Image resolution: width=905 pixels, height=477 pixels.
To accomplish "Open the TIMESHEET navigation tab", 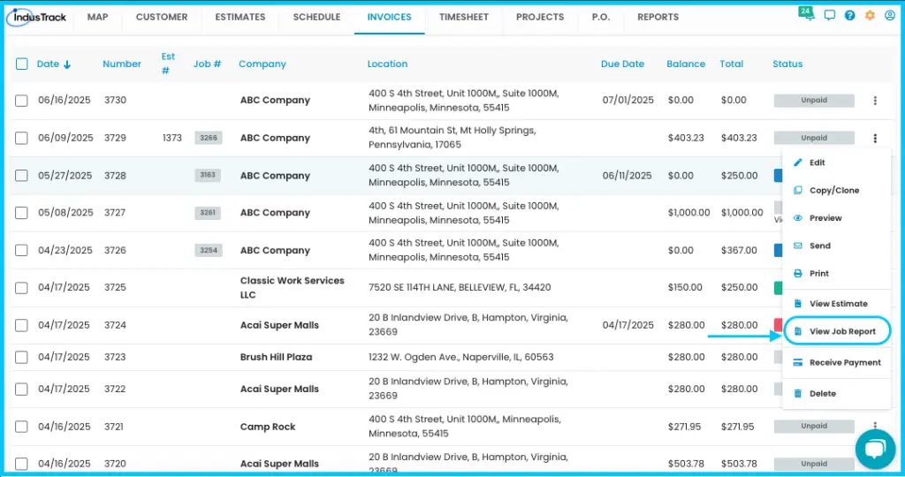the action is click(463, 18).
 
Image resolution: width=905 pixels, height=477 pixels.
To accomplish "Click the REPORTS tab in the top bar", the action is click(658, 18).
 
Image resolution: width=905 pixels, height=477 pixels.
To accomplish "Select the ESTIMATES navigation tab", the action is click(240, 18).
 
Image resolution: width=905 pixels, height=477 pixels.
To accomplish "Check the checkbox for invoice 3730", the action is click(21, 101).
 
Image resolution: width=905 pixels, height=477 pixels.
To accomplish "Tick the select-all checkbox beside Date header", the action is click(21, 64).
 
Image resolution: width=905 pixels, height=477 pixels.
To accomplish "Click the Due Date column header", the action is click(622, 64).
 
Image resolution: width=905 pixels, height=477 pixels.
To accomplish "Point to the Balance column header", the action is click(686, 64).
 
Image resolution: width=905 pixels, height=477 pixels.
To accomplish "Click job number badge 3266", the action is click(209, 138).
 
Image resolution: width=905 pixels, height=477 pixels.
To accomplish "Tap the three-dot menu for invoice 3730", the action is click(875, 101).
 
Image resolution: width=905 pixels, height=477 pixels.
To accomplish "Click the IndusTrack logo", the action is click(37, 18).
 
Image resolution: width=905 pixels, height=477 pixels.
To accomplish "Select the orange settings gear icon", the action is click(870, 16).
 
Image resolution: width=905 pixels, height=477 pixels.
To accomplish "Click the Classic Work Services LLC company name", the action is click(292, 287).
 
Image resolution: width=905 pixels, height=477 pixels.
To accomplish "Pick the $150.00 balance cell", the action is click(685, 287).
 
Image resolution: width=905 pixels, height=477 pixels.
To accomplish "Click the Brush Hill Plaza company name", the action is click(276, 357).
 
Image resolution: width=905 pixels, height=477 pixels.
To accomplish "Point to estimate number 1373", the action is click(172, 138).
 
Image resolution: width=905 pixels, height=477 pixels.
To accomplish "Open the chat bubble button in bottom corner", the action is click(875, 450).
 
